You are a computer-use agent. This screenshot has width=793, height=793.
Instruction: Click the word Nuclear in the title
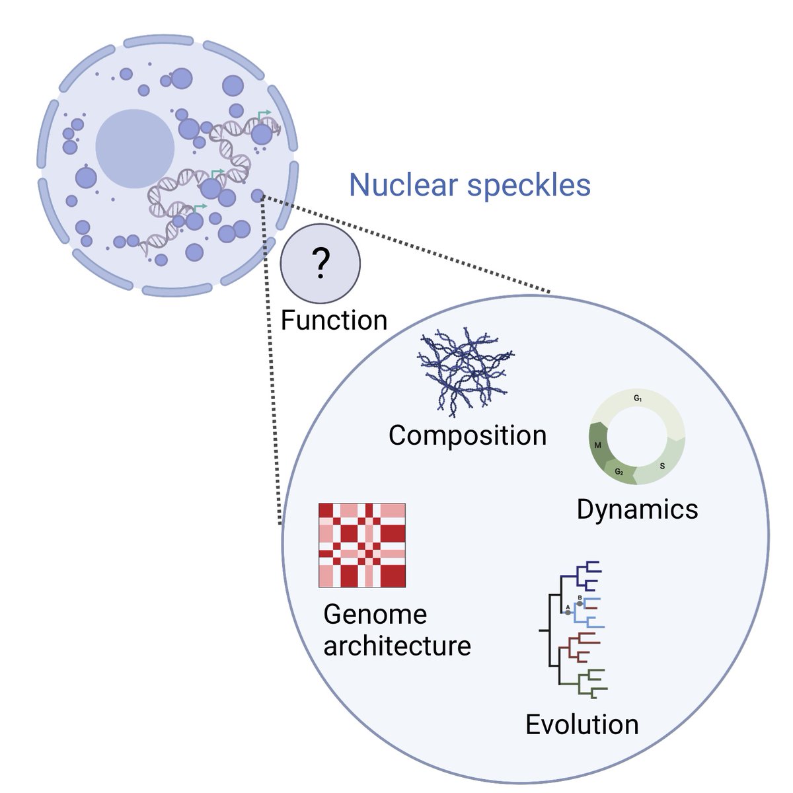click(x=403, y=185)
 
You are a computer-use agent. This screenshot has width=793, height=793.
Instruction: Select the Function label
click(x=334, y=321)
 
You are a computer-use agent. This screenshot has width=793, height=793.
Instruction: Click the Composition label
click(x=467, y=435)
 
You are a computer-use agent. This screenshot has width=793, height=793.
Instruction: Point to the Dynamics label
click(x=637, y=509)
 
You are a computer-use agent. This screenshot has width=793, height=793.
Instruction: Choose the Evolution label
click(x=582, y=724)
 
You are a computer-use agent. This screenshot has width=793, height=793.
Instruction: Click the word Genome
click(x=375, y=615)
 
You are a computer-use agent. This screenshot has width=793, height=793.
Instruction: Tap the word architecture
click(x=397, y=646)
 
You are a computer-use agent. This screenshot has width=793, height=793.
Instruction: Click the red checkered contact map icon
click(x=361, y=545)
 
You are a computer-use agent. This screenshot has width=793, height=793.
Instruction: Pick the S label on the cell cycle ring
click(x=662, y=467)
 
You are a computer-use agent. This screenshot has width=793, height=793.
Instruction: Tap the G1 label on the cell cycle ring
click(x=638, y=398)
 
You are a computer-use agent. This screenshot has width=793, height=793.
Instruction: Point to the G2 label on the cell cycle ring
click(x=619, y=472)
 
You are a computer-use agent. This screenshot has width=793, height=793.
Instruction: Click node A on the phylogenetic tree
click(x=568, y=613)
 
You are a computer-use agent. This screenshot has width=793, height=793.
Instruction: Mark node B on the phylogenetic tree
click(x=580, y=603)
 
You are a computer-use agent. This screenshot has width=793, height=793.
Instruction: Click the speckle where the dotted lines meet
click(x=258, y=196)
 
